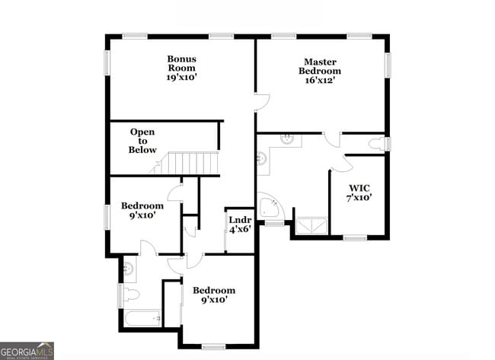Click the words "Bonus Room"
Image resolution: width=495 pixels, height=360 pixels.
click(x=182, y=63)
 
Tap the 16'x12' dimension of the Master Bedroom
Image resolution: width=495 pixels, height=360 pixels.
click(x=320, y=81)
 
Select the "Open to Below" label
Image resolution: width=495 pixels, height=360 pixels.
click(x=142, y=141)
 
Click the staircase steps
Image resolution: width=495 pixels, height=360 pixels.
click(x=193, y=163)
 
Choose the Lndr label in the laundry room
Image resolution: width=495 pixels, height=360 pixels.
click(x=240, y=220)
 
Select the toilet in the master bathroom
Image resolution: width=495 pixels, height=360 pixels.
click(x=378, y=144)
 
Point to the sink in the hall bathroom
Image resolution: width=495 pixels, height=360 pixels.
click(x=127, y=268)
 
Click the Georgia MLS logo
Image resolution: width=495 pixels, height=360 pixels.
click(x=27, y=351)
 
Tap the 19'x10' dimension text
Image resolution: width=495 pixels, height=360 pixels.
click(x=182, y=78)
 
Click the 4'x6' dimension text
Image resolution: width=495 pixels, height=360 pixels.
click(x=240, y=230)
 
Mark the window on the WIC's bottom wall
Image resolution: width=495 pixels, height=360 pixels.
click(x=355, y=238)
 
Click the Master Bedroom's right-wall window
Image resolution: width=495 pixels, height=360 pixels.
click(x=388, y=64)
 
